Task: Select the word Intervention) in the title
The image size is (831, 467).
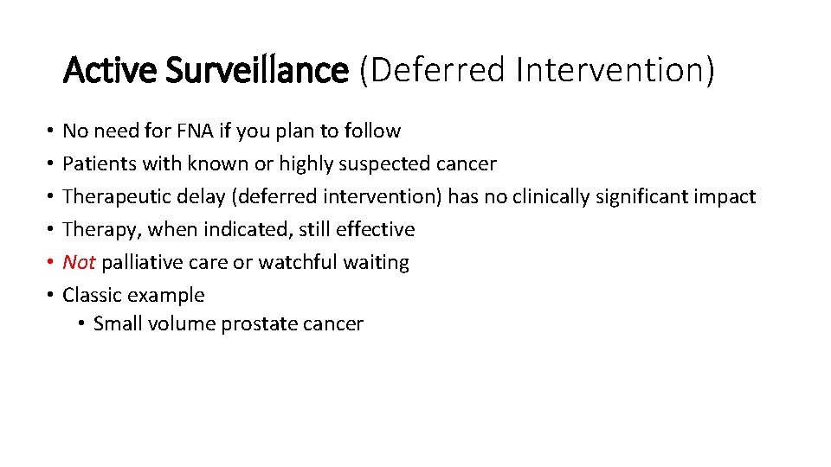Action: (615, 70)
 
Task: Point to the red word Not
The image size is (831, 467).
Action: (79, 262)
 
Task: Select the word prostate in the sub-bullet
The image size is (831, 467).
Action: (257, 324)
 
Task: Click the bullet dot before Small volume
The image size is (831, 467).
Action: (80, 325)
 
